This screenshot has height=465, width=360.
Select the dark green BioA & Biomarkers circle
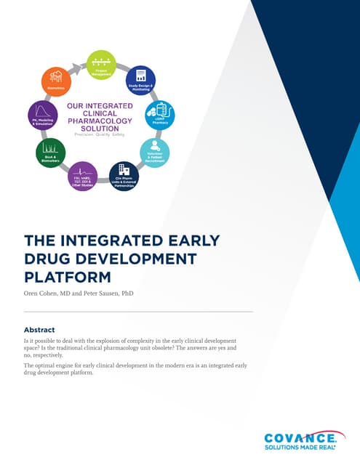point(50,153)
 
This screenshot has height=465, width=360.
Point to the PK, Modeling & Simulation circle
point(42,116)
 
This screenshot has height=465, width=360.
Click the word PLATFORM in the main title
point(67,276)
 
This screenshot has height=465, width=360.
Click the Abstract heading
point(39,329)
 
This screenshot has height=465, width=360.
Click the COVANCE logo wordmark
point(300,437)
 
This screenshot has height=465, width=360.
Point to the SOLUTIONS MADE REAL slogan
point(300,448)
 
